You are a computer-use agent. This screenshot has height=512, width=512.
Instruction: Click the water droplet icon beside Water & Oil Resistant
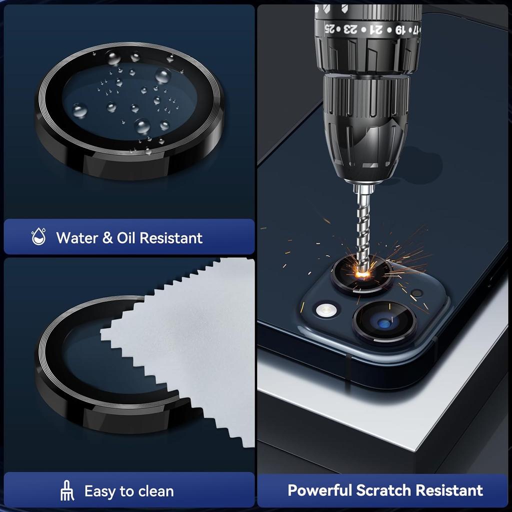[38, 237]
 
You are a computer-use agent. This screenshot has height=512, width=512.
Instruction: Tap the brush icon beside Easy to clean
[67, 491]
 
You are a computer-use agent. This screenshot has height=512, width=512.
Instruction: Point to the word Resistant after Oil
[171, 237]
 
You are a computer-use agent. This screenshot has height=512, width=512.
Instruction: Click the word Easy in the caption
[99, 491]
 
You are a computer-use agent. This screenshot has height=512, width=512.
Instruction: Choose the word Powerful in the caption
[319, 490]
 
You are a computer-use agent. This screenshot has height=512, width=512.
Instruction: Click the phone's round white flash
[325, 309]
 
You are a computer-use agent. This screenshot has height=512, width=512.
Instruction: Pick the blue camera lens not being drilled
[384, 322]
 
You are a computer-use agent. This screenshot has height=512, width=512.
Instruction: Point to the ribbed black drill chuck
[365, 125]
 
